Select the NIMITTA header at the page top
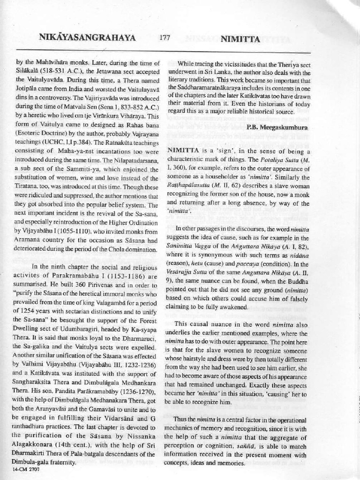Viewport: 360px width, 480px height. pos(240,39)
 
